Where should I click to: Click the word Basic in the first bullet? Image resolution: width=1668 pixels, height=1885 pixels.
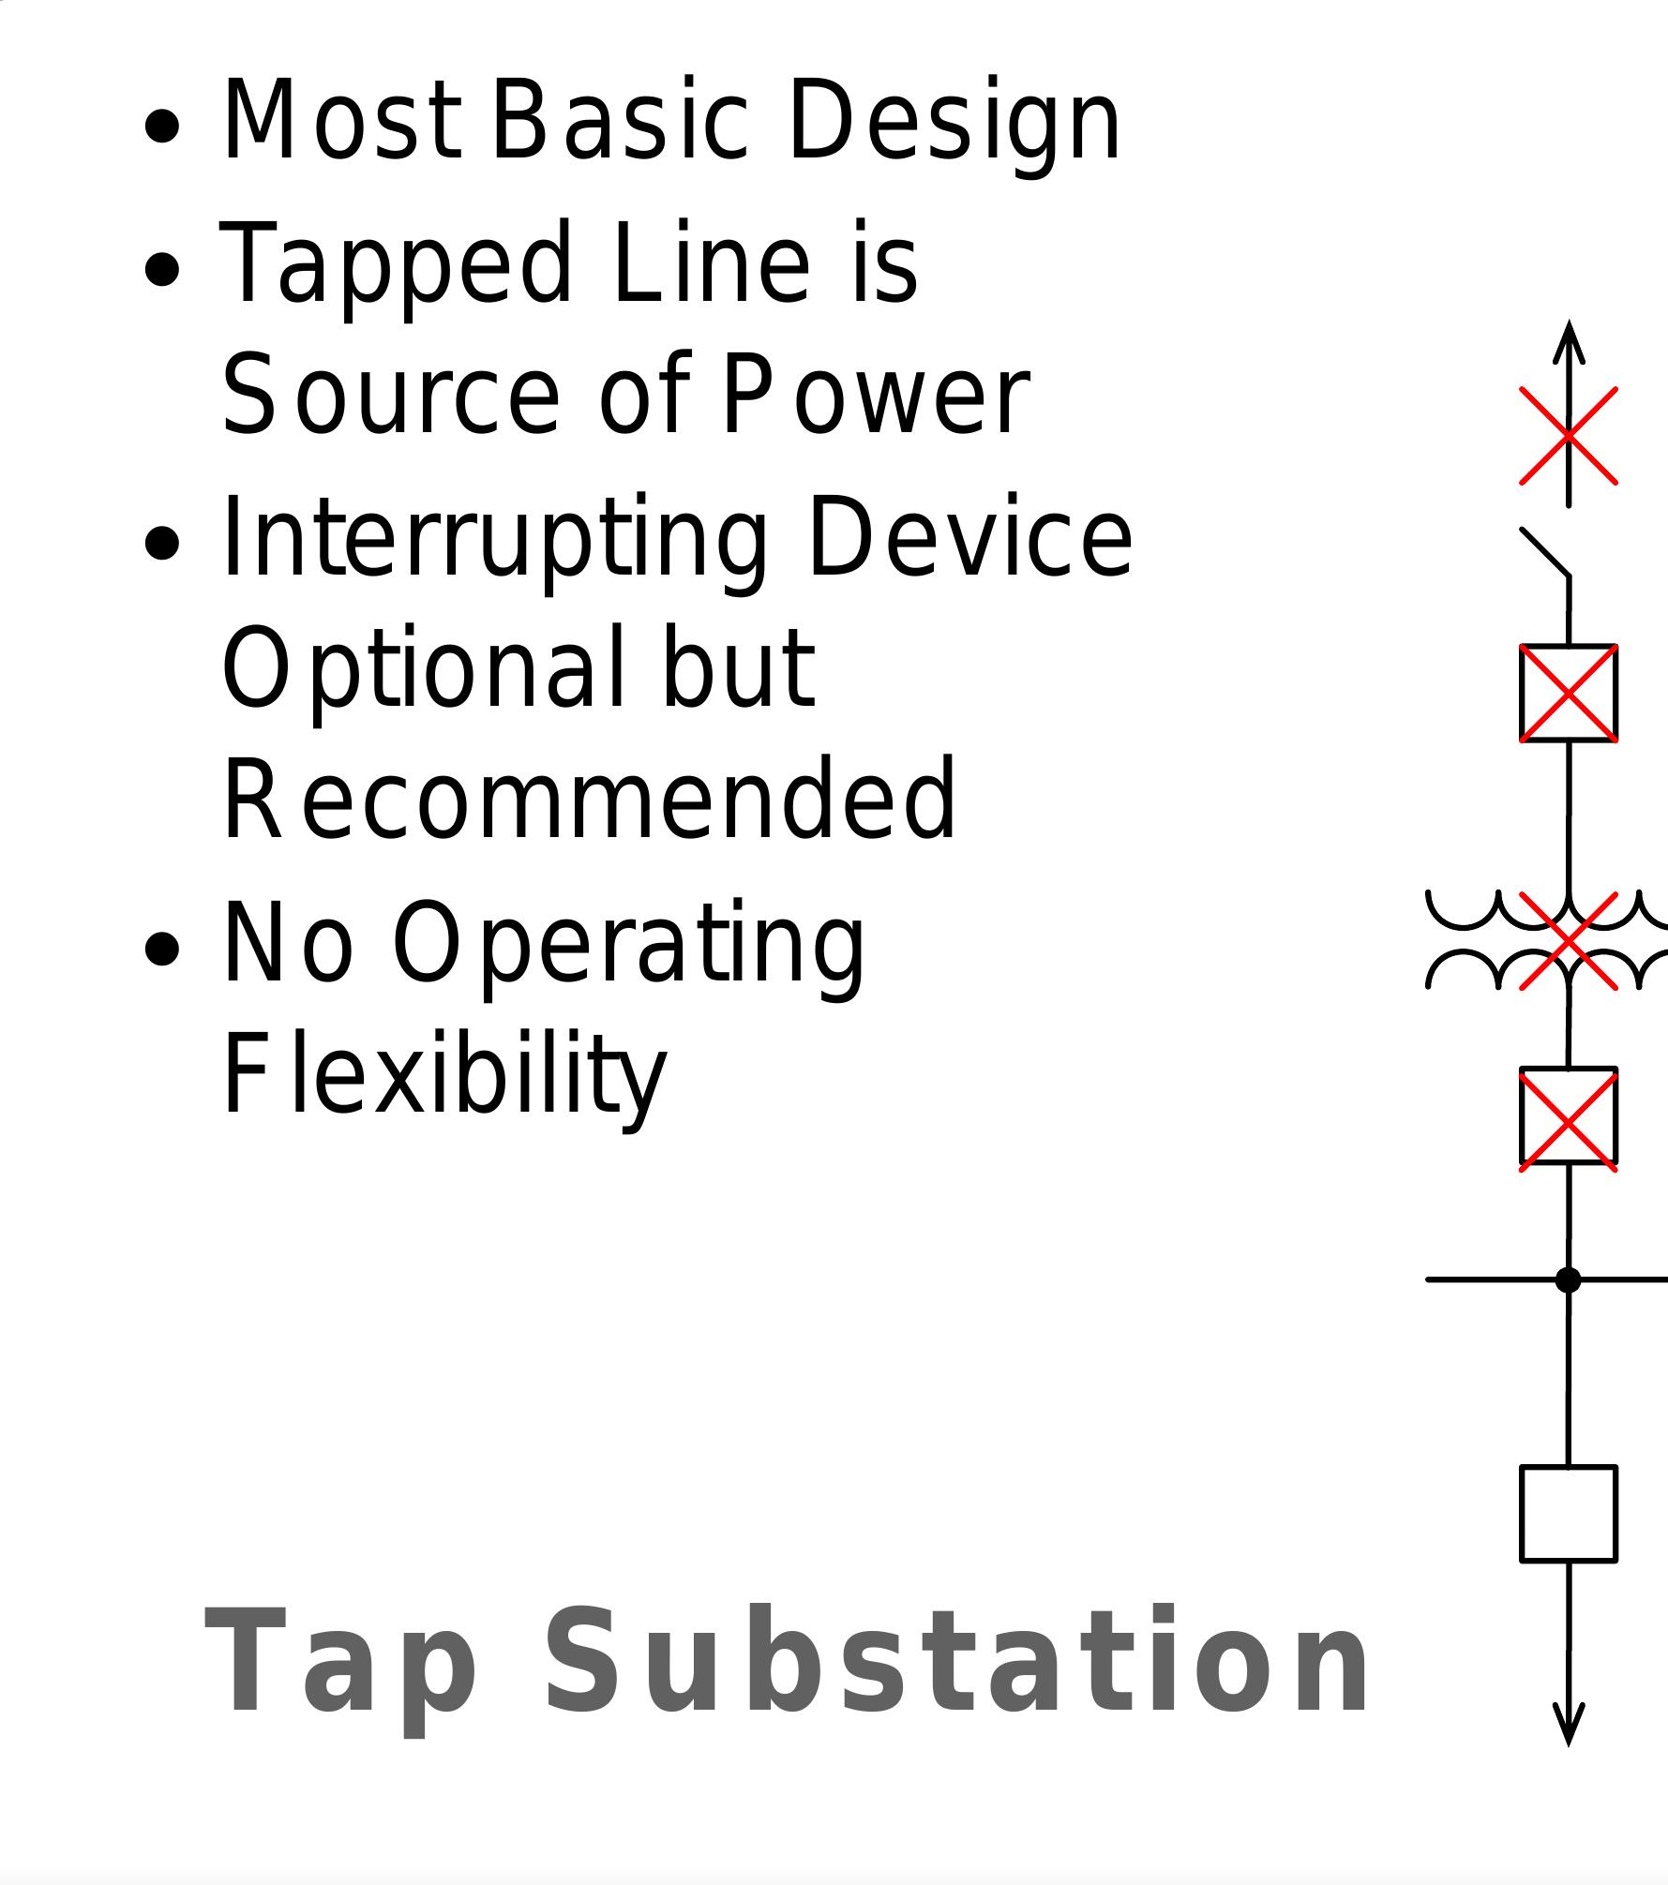point(619,122)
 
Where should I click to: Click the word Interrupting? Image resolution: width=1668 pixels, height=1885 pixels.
point(494,539)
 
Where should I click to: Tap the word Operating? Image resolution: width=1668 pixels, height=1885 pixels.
point(627,943)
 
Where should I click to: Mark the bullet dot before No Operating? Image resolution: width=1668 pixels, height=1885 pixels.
point(163,949)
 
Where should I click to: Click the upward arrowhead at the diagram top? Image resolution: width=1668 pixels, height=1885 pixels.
point(1568,343)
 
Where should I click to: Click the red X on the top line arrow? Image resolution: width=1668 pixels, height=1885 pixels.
point(1568,435)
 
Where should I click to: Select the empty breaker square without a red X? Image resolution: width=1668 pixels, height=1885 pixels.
point(1568,1514)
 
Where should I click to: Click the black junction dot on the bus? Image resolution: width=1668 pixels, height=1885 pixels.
point(1568,1279)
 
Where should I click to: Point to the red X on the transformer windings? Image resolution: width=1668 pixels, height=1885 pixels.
point(1568,940)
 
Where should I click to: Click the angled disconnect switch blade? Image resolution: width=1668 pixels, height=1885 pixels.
point(1544,552)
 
